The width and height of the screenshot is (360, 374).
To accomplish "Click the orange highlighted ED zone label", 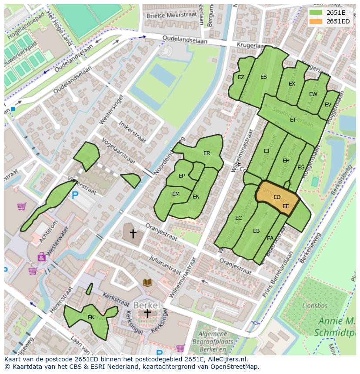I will (x=277, y=197).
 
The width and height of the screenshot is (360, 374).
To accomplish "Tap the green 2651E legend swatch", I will (x=316, y=12).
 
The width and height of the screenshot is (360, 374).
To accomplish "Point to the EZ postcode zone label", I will (x=241, y=77).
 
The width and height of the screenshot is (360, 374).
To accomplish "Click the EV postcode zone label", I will (x=328, y=104).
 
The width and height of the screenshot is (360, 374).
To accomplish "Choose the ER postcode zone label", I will (x=207, y=153).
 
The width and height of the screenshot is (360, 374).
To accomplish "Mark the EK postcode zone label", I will (x=91, y=318).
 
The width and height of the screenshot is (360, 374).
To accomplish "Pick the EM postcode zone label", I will (x=176, y=194).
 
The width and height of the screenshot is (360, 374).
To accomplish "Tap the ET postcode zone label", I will (x=293, y=119).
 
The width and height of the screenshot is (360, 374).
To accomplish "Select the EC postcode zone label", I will (x=238, y=218).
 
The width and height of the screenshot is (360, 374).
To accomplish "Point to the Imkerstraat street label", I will (x=132, y=129).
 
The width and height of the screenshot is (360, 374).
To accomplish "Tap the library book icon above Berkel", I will (x=148, y=283).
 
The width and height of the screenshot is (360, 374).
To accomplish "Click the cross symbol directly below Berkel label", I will (x=147, y=314).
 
